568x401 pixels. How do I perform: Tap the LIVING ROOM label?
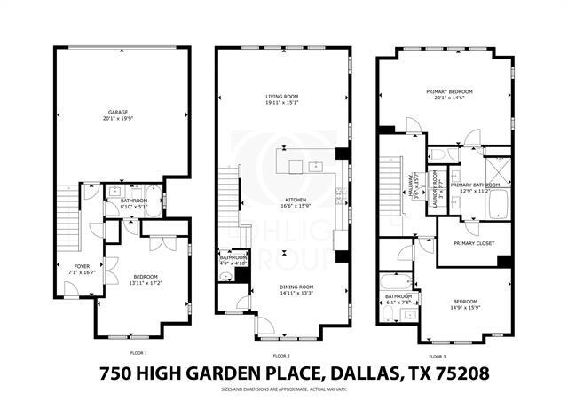(285, 97)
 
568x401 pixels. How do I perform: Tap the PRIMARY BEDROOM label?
(448, 91)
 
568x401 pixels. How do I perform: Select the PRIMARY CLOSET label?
(473, 242)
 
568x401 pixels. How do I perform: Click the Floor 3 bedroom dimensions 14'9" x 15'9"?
(466, 309)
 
